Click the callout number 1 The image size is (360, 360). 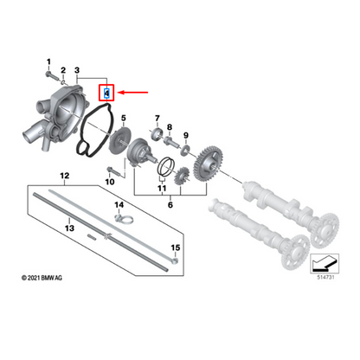pyautogui.click(x=49, y=59)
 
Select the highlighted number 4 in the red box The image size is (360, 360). pyautogui.click(x=106, y=90)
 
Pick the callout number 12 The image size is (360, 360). pyautogui.click(x=63, y=176)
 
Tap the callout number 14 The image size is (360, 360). pyautogui.click(x=120, y=204)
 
